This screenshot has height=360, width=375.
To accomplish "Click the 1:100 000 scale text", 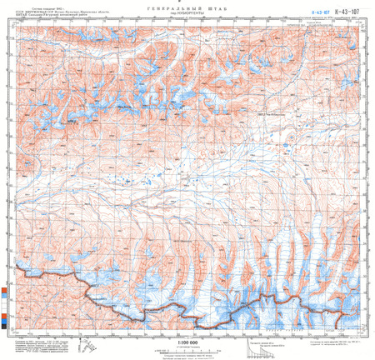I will click(187, 342).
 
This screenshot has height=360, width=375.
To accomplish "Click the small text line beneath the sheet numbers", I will click(329, 20).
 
